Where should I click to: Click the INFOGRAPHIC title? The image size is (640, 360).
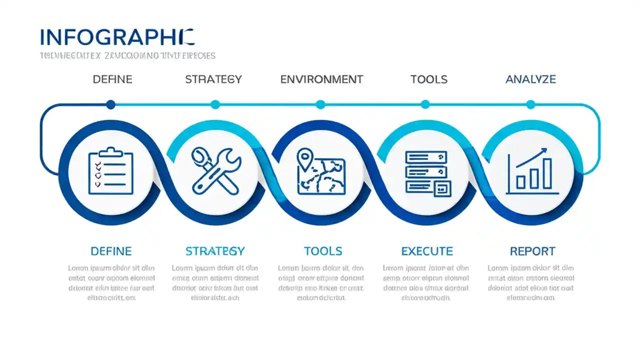coord(117,38)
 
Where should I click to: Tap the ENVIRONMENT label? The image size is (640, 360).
coord(321,79)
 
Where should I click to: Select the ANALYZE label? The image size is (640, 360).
coord(530,79)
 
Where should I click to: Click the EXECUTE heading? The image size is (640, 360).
coord(427,251)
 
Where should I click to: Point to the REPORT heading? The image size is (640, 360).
coord(532,251)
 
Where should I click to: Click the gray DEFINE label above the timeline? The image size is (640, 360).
coord(112,79)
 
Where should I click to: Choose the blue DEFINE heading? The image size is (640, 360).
coord(111,251)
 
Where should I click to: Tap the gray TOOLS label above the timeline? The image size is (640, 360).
coord(428,79)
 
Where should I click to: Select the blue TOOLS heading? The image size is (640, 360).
coord(323,251)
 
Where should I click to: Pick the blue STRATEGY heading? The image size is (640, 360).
coord(215,251)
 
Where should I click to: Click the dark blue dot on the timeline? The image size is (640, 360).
coord(111,104)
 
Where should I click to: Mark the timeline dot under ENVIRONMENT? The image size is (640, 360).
coord(320,104)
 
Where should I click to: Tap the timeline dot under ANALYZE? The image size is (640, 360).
coord(530,104)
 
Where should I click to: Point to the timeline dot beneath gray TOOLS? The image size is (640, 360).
coord(425,104)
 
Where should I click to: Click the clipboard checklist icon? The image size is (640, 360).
coord(111,171)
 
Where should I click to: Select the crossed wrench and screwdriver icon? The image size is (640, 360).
coord(216,171)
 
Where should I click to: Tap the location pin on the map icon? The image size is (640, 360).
coord(303,157)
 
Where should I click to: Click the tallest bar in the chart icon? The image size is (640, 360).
coord(547,173)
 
